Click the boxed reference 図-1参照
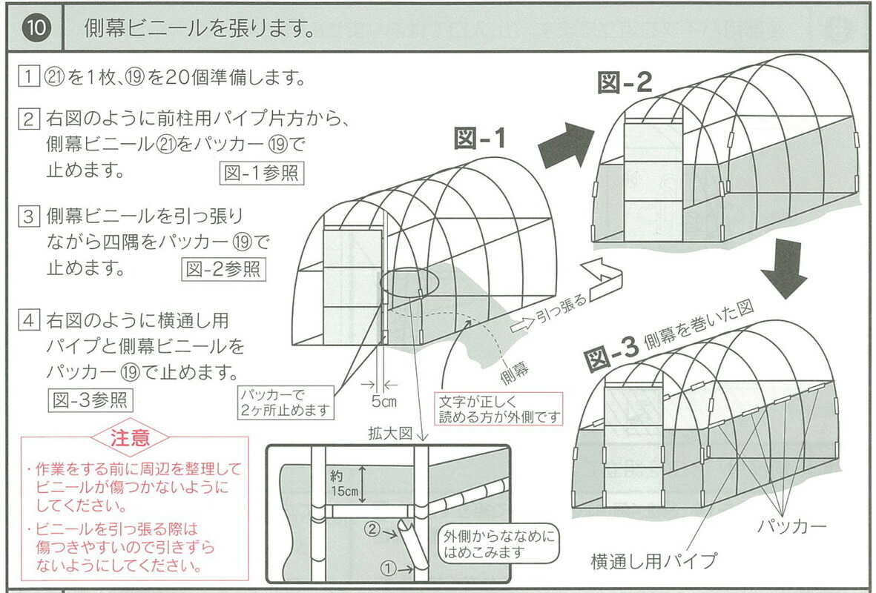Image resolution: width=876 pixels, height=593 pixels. [262, 173]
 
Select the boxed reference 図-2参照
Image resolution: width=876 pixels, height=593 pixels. [223, 268]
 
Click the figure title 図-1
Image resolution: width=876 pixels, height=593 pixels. [479, 139]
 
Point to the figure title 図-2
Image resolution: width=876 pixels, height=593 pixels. [625, 82]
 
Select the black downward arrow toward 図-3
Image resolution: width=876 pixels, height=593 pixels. [784, 268]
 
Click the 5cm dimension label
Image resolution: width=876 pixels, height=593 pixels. [384, 402]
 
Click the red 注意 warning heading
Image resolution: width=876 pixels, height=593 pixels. [130, 437]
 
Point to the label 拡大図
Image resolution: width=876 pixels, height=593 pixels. [389, 434]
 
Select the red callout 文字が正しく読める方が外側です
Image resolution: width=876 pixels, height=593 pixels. [498, 407]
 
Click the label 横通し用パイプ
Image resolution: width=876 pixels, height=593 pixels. [654, 561]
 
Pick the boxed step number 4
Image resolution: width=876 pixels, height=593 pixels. [28, 322]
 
